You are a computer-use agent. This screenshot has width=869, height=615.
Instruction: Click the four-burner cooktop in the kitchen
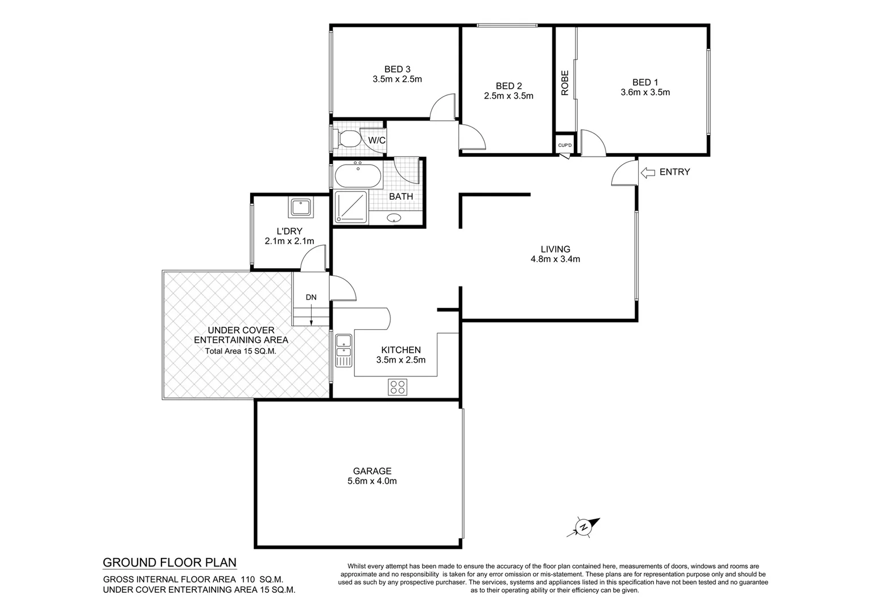[398, 387]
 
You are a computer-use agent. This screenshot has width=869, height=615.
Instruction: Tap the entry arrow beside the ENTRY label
[647, 173]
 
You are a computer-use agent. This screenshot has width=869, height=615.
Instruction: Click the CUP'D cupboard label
[565, 145]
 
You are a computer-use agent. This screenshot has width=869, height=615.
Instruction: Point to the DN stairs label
[311, 297]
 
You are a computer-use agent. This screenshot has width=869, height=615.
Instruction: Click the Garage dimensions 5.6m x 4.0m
[372, 481]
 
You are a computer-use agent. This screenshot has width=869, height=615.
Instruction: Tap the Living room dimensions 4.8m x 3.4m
[555, 259]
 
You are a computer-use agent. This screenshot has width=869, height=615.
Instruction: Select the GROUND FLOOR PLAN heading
[169, 563]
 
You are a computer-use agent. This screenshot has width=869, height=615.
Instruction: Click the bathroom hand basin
[394, 218]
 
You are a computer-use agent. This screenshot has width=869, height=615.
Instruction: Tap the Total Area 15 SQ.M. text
[241, 351]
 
